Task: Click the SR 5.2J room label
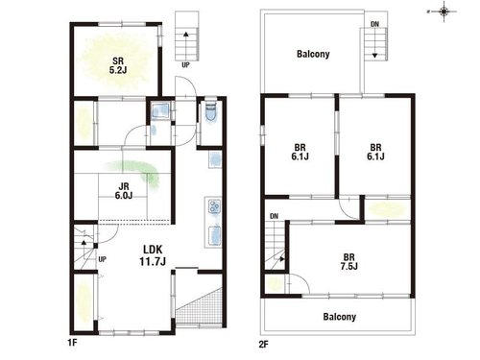tap(118, 65)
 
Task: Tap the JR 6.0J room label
tap(124, 191)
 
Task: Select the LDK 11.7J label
tap(153, 255)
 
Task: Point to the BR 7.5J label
tap(349, 261)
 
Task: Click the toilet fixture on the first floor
tap(211, 111)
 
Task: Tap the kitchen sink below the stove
tap(215, 235)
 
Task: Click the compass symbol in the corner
tap(444, 12)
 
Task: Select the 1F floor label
tap(72, 343)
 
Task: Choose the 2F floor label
tap(263, 345)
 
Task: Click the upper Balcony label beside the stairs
tap(313, 54)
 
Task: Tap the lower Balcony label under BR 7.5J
tap(340, 317)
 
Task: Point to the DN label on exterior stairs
tap(375, 24)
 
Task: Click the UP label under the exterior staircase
tap(185, 65)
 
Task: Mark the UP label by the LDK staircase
tap(103, 259)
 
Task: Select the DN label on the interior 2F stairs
tap(275, 216)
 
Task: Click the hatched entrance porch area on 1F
tap(199, 305)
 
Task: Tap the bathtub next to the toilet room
tap(160, 110)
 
